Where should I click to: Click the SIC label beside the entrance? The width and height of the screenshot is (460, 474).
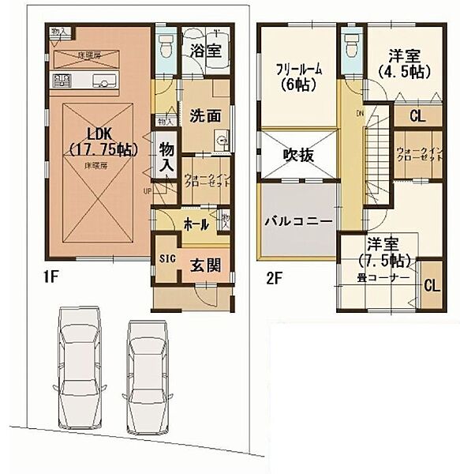tap(166, 258)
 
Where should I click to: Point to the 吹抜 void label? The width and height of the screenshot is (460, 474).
tap(300, 155)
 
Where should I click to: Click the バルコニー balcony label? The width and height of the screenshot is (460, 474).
tap(298, 220)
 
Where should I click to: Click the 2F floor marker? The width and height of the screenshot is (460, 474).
tap(274, 278)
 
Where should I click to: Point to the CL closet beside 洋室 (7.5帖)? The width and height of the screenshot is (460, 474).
tap(431, 285)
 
